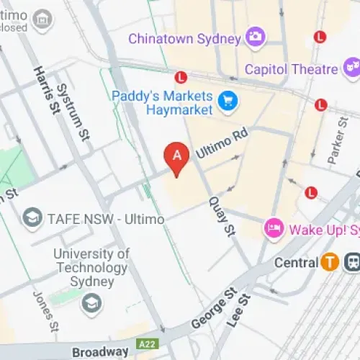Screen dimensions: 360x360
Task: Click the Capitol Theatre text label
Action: click(x=291, y=69)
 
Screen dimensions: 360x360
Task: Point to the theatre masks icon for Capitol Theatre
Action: click(x=352, y=69)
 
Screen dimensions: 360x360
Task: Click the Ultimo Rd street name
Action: click(x=222, y=141)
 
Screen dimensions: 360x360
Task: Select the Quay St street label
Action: click(x=221, y=217)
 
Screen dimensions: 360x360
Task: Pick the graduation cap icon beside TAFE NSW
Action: click(x=32, y=217)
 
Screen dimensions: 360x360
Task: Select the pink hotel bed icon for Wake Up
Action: click(x=274, y=230)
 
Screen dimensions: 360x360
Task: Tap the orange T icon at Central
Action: click(x=330, y=262)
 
